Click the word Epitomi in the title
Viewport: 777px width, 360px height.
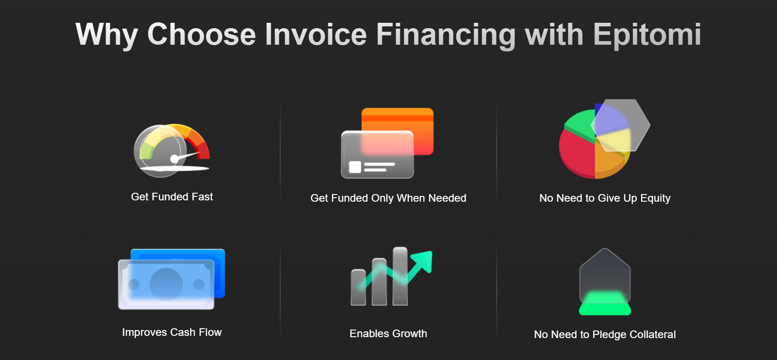point(647,35)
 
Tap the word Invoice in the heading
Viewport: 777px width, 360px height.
point(315,34)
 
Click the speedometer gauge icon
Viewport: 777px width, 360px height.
point(172,150)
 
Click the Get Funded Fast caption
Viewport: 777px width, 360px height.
point(172,197)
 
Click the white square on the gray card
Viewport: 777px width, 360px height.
point(355,167)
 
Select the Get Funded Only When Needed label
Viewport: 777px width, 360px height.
point(388,198)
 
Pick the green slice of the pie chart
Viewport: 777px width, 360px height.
point(580,123)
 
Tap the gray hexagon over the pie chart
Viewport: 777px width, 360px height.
point(620,125)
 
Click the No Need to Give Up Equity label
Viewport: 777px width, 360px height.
point(605,198)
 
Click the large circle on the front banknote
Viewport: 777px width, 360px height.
point(166,284)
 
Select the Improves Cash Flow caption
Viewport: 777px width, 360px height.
point(172,332)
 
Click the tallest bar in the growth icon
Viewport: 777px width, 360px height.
point(400,276)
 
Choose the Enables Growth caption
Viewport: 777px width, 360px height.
point(388,334)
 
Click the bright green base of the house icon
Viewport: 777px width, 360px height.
point(605,304)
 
